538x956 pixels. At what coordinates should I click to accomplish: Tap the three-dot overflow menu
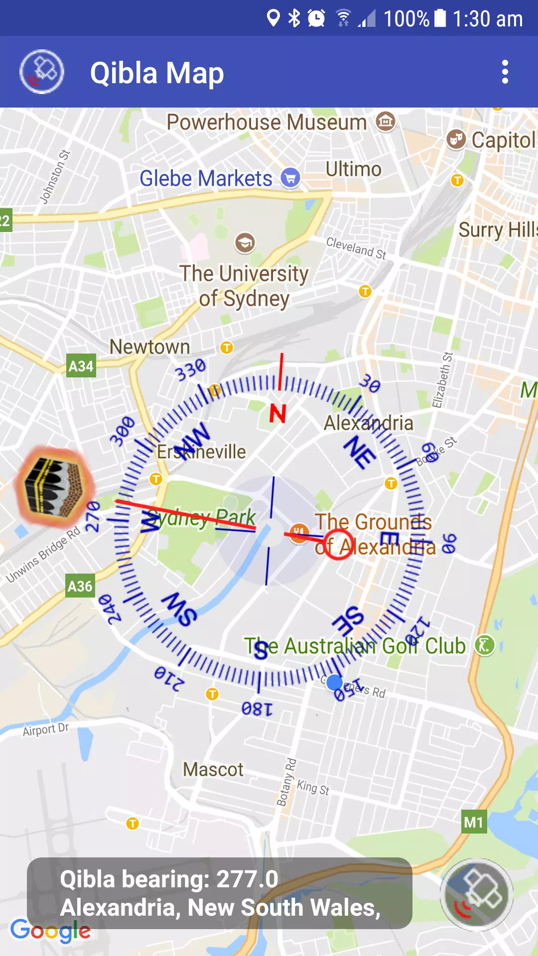point(505,72)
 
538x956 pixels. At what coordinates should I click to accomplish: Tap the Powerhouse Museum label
point(266,122)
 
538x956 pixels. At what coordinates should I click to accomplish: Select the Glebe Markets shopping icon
point(290,178)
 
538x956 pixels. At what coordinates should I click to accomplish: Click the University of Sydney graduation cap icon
point(245,243)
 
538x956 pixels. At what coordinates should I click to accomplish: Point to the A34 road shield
point(81,366)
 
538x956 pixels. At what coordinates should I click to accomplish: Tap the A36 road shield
point(80,586)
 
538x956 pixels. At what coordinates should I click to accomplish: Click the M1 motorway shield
point(473,822)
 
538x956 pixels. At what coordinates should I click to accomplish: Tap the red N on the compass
point(278,414)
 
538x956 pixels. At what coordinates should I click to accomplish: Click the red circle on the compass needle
point(338,544)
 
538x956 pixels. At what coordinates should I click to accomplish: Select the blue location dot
point(334,682)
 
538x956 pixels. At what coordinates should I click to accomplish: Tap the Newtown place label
point(149,347)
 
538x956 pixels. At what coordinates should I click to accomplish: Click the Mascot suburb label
point(213,770)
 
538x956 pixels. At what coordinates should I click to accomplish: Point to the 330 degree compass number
point(190,369)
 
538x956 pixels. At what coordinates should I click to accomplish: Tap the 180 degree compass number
point(257,709)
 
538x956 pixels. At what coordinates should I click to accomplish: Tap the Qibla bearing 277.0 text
point(169,879)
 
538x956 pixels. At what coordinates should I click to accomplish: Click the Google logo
point(50,930)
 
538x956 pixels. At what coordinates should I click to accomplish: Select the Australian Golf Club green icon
point(484,645)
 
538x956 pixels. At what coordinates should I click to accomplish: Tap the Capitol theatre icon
point(456,139)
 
